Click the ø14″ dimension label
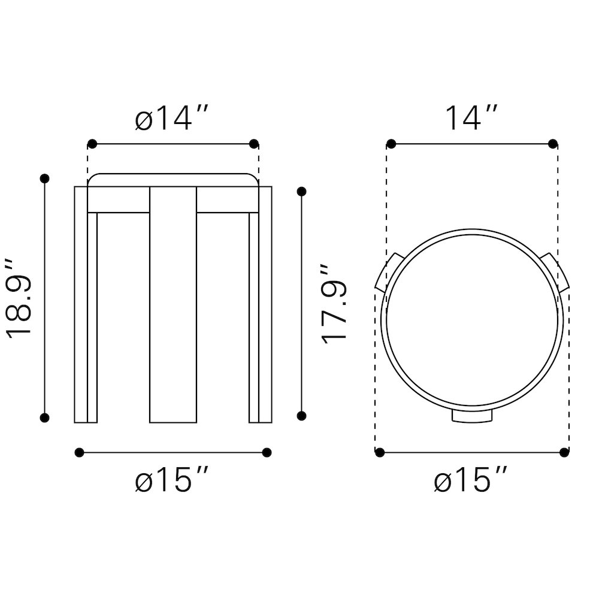click(x=171, y=118)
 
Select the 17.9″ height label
click(x=334, y=304)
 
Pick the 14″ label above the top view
click(x=471, y=118)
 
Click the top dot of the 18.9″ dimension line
click(x=45, y=179)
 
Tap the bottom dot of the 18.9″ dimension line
click(x=45, y=418)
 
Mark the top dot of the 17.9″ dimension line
click(x=301, y=192)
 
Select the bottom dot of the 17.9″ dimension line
click(x=301, y=416)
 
